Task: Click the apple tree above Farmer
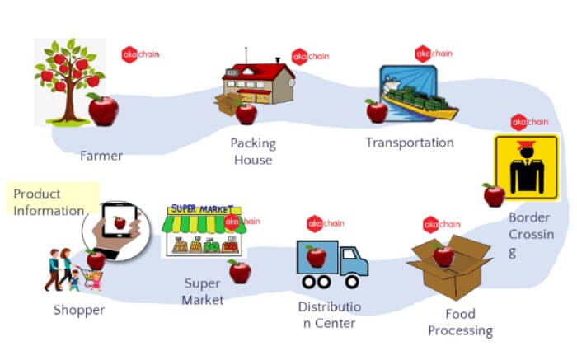click(71, 74)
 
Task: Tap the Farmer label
click(101, 155)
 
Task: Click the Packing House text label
click(253, 151)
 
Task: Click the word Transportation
click(410, 143)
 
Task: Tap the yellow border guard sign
click(525, 167)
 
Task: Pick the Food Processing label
click(459, 322)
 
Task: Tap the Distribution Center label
click(329, 315)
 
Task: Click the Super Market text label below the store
click(204, 291)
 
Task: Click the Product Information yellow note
click(50, 202)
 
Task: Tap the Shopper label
click(79, 310)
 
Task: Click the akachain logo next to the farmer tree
click(141, 54)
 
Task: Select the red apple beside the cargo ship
click(377, 110)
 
